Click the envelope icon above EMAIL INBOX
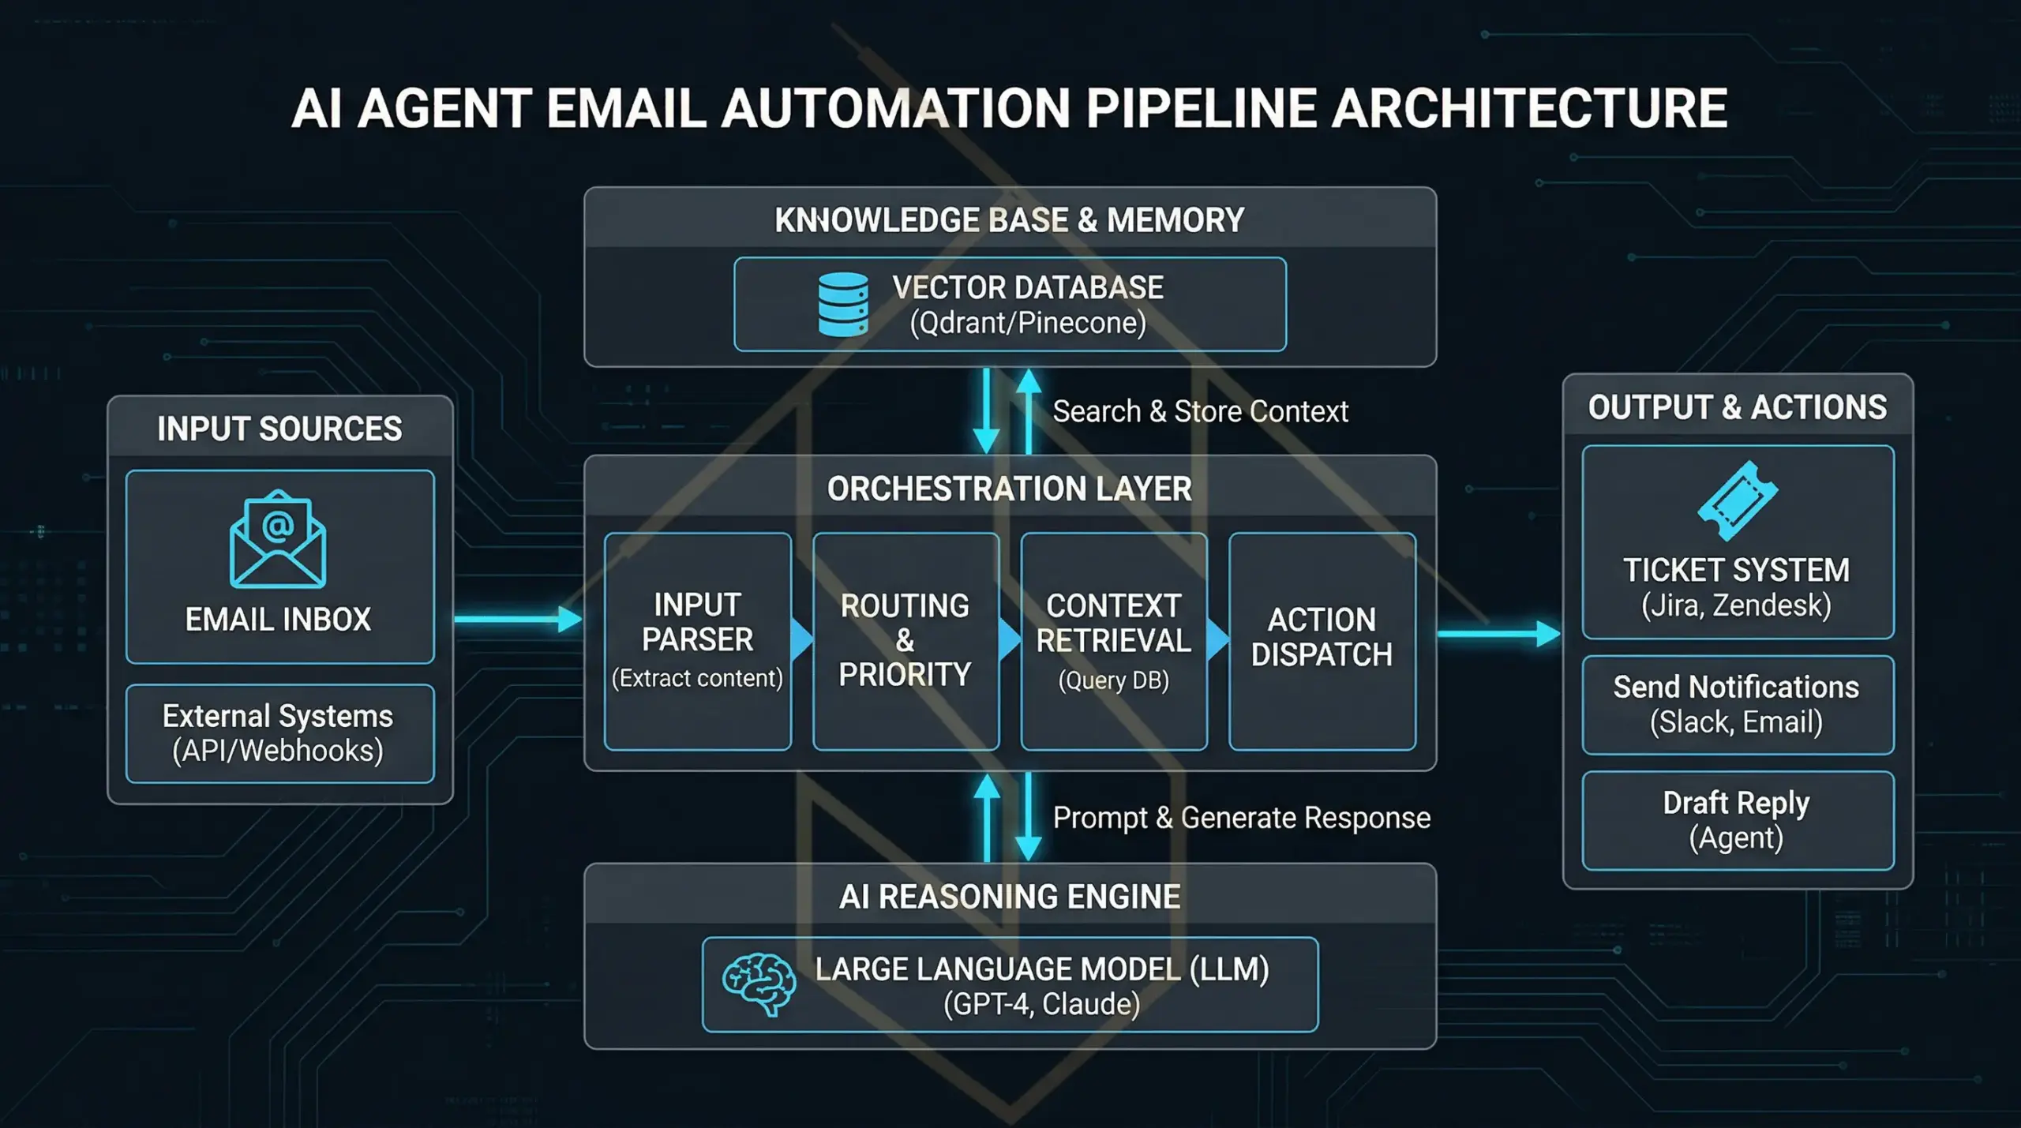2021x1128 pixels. point(278,539)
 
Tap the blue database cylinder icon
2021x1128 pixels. point(843,305)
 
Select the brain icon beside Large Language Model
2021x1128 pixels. point(759,984)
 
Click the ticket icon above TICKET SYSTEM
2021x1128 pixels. point(1737,500)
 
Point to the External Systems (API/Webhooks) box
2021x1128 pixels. point(279,733)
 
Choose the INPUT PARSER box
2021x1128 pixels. point(697,641)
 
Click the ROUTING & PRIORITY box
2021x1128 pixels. point(906,641)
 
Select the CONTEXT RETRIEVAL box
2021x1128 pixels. point(1113,641)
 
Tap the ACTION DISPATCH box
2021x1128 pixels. point(1322,641)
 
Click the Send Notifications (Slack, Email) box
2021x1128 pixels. point(1737,704)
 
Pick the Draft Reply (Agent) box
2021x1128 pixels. point(1737,820)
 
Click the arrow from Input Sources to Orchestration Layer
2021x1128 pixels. point(517,619)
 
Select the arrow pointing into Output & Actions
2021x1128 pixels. point(1498,633)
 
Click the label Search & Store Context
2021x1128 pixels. point(1200,411)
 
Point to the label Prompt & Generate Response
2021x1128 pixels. point(1241,818)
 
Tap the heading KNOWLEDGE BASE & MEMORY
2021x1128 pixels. point(1009,220)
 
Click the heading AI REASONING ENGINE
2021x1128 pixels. point(1009,897)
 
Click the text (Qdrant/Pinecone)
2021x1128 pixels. point(1027,323)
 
